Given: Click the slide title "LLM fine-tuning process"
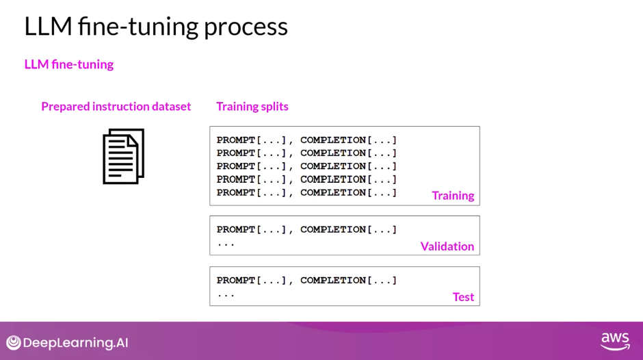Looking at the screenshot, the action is point(156,27).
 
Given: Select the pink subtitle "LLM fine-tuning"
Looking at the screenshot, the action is point(69,64).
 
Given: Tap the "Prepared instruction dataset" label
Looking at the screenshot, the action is point(116,106).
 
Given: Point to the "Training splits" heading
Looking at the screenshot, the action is point(252,106).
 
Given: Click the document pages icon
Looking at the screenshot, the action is point(124,156).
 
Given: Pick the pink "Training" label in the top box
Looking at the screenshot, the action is point(453,196).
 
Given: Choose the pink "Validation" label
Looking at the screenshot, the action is point(447,246).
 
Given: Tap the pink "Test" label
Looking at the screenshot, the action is point(463,297).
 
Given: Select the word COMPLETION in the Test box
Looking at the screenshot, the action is point(332,280).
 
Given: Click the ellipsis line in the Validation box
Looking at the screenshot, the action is point(226,243).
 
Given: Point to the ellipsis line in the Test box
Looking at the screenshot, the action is point(226,294).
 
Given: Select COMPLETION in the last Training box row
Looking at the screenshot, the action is point(332,192).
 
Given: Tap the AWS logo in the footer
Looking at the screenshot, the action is point(615,342).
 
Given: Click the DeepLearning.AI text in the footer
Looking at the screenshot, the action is point(75,343).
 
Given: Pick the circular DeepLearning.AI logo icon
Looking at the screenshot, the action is point(14,343).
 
